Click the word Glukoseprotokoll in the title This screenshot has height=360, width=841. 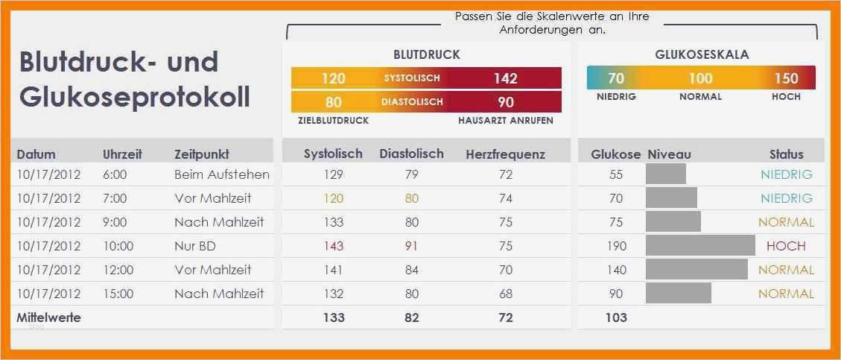tap(135, 98)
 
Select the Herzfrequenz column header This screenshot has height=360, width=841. tap(505, 154)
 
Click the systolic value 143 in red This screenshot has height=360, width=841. tap(333, 246)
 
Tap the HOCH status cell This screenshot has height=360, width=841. tap(786, 246)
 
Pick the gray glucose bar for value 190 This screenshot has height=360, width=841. tap(700, 246)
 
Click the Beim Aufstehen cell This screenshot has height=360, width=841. tap(221, 174)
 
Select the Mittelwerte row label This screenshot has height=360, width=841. tap(48, 318)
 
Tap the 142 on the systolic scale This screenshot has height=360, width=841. tap(505, 78)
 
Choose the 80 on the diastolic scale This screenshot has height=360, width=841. tap(334, 102)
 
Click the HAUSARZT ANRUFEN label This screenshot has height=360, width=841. tap(505, 121)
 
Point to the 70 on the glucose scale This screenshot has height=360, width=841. tap(616, 78)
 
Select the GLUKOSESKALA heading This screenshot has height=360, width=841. tap(702, 54)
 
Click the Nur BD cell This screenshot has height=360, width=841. tap(195, 246)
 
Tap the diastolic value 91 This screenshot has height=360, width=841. tap(411, 246)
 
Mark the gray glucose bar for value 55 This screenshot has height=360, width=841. tap(665, 174)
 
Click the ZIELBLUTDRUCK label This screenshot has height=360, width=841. tap(333, 121)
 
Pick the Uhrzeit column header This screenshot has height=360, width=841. tap(122, 154)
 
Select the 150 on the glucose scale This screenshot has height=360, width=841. tap(786, 78)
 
